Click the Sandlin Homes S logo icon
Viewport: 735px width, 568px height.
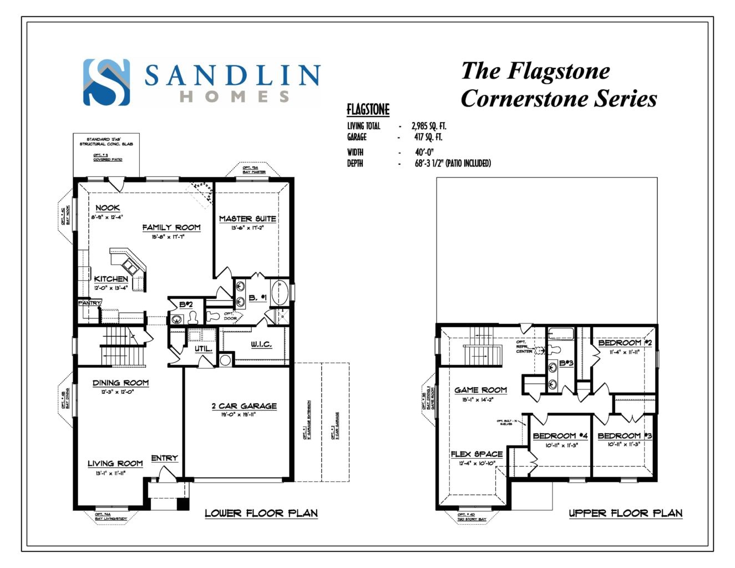[x=107, y=82]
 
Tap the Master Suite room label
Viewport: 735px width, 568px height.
[x=247, y=219]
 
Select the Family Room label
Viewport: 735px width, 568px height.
[x=171, y=227]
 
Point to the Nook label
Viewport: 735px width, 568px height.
[x=107, y=207]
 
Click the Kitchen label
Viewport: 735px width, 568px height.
[x=111, y=278]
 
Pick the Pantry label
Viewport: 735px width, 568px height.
[x=89, y=303]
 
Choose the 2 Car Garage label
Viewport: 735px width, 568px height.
[x=244, y=405]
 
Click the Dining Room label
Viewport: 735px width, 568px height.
[x=120, y=382]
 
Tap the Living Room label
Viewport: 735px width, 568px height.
[x=115, y=463]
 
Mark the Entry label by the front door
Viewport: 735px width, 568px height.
[x=164, y=458]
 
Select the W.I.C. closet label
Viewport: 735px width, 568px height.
[x=261, y=344]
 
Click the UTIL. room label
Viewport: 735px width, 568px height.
[x=203, y=349]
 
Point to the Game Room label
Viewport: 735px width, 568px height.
[x=480, y=390]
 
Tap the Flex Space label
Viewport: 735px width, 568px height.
[x=477, y=454]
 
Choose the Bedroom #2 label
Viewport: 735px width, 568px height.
[x=625, y=343]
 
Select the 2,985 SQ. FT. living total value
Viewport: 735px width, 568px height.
[x=429, y=126]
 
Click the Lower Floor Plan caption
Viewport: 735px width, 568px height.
[x=261, y=513]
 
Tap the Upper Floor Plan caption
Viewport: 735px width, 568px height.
[x=626, y=513]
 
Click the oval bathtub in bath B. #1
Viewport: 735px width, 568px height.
[x=279, y=293]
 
